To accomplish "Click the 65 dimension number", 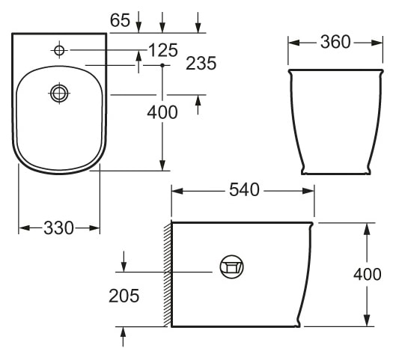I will [x=120, y=20].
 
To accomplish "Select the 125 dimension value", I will [x=162, y=50].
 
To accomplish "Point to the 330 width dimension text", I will [x=59, y=228].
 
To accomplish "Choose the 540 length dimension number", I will [x=243, y=190].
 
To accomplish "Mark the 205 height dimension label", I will [x=124, y=296].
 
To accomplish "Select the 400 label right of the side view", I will [x=367, y=274].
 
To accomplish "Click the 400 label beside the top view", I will [x=162, y=113].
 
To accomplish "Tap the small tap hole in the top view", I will [x=59, y=50].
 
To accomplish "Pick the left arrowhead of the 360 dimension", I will [x=293, y=42].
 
